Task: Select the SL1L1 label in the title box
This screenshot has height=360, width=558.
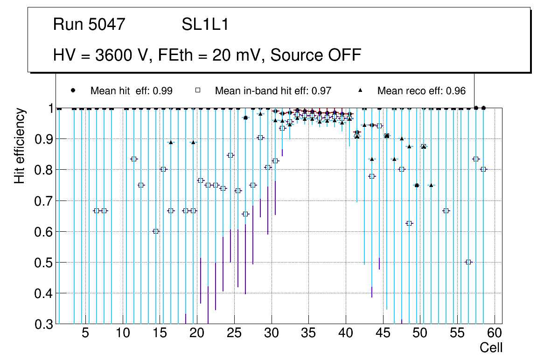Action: pos(205,25)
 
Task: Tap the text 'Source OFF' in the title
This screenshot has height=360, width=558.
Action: pos(316,55)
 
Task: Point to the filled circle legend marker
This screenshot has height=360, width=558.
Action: pos(73,90)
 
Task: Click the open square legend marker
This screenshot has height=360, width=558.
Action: pos(197,90)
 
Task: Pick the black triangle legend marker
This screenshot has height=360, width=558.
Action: pos(360,90)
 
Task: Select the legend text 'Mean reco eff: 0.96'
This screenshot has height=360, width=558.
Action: pos(421,91)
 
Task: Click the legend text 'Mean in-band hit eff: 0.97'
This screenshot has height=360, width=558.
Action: pos(273,91)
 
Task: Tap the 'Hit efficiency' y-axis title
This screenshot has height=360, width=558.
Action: pos(20,145)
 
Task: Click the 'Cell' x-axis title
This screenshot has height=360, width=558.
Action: pos(491,348)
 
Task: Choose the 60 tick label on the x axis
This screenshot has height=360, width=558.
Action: pos(494,333)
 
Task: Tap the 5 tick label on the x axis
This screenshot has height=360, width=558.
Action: pos(85,333)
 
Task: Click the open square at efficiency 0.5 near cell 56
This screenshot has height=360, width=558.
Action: pos(468,262)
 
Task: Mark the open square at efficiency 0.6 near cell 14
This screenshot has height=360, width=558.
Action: pos(156,231)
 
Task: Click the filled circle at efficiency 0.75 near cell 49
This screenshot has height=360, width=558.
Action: pos(417,185)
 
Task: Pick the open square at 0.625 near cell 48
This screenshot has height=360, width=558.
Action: pos(409,223)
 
